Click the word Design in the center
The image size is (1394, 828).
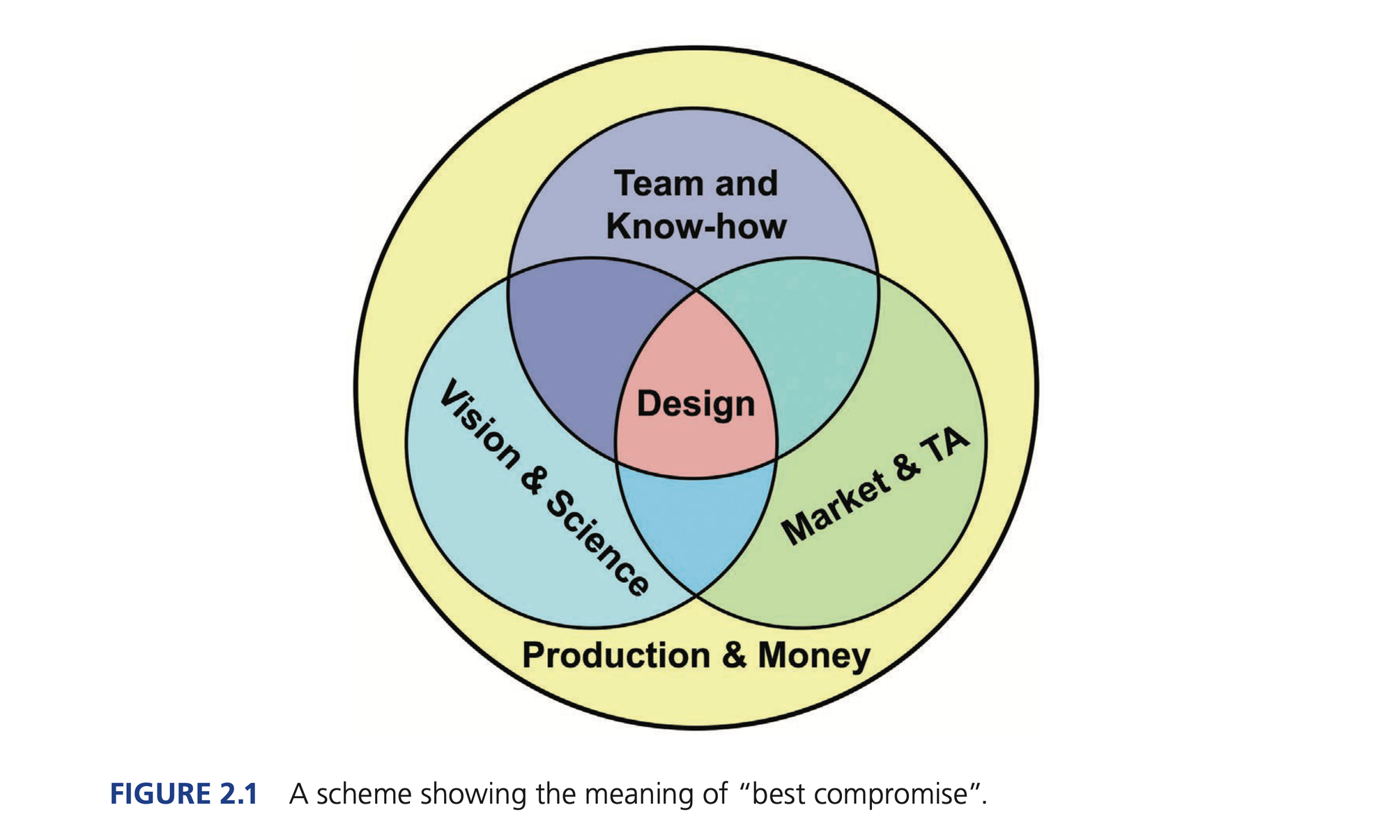696,405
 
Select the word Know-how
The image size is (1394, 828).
696,226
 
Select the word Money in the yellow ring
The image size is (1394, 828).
814,655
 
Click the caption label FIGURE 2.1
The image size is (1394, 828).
184,794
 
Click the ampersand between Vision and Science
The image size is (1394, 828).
533,480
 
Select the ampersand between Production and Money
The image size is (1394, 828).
734,655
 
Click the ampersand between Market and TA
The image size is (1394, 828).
905,468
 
